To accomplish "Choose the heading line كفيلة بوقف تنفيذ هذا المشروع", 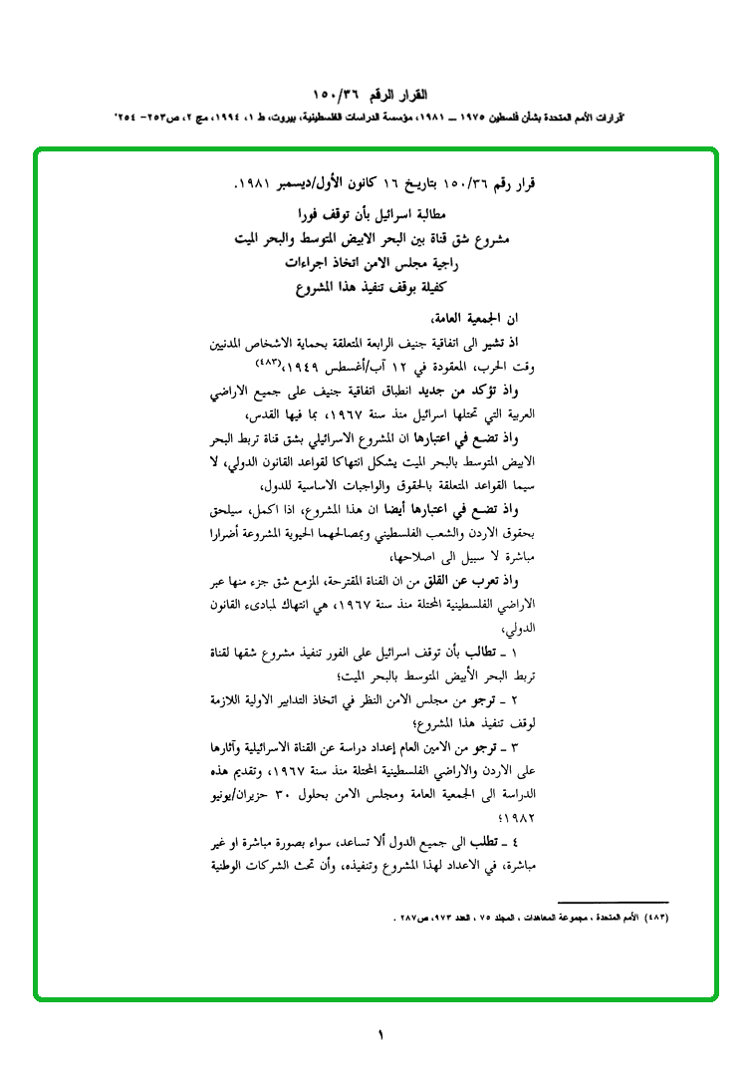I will [370, 293].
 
